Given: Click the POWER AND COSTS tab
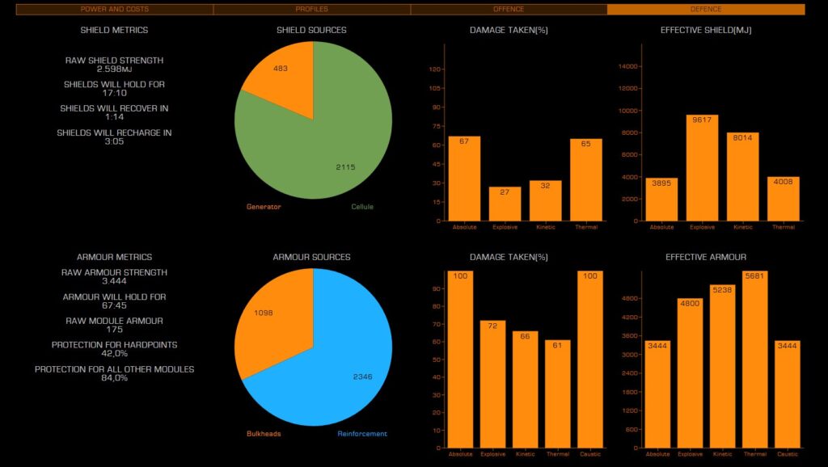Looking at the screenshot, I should [x=114, y=9].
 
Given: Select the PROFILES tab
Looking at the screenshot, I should [x=311, y=9].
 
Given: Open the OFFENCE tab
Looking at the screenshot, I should [x=509, y=9].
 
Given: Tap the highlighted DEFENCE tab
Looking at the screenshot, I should [x=706, y=9].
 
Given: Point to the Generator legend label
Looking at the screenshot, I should [x=264, y=207].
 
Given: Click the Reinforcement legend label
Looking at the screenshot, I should [x=362, y=434].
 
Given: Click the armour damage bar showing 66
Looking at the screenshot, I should [x=525, y=389].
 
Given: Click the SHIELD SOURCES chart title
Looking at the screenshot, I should [x=311, y=30].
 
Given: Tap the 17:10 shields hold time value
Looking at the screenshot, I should [x=114, y=93].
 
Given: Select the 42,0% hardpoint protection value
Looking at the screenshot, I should [x=114, y=354].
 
